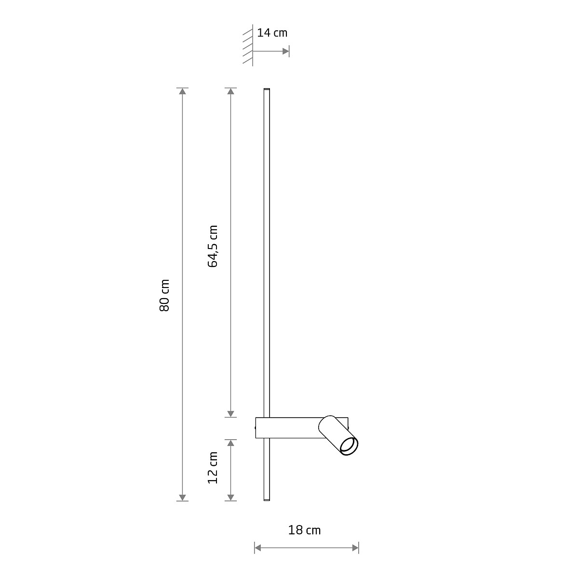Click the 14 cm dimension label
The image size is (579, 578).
point(272,33)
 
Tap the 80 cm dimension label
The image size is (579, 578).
point(165,295)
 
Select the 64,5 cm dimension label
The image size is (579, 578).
point(213,246)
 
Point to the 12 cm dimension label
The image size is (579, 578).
point(213,468)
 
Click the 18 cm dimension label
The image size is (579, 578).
point(304,530)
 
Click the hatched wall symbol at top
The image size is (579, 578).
point(248,47)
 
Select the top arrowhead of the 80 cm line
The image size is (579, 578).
point(182,92)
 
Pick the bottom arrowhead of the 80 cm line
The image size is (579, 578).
point(182,498)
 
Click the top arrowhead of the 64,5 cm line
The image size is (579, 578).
point(231,92)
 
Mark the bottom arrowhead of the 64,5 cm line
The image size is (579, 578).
point(231,413)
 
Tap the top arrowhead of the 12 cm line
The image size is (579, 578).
point(231,443)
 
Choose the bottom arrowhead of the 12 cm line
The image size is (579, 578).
point(231,498)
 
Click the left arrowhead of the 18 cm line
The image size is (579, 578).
point(258,548)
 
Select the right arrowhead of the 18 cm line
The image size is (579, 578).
point(355,548)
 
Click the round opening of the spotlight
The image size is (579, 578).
point(349,447)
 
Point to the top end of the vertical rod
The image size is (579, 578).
point(266,90)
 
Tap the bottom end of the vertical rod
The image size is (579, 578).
point(266,500)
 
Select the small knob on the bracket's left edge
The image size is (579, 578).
point(255,427)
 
